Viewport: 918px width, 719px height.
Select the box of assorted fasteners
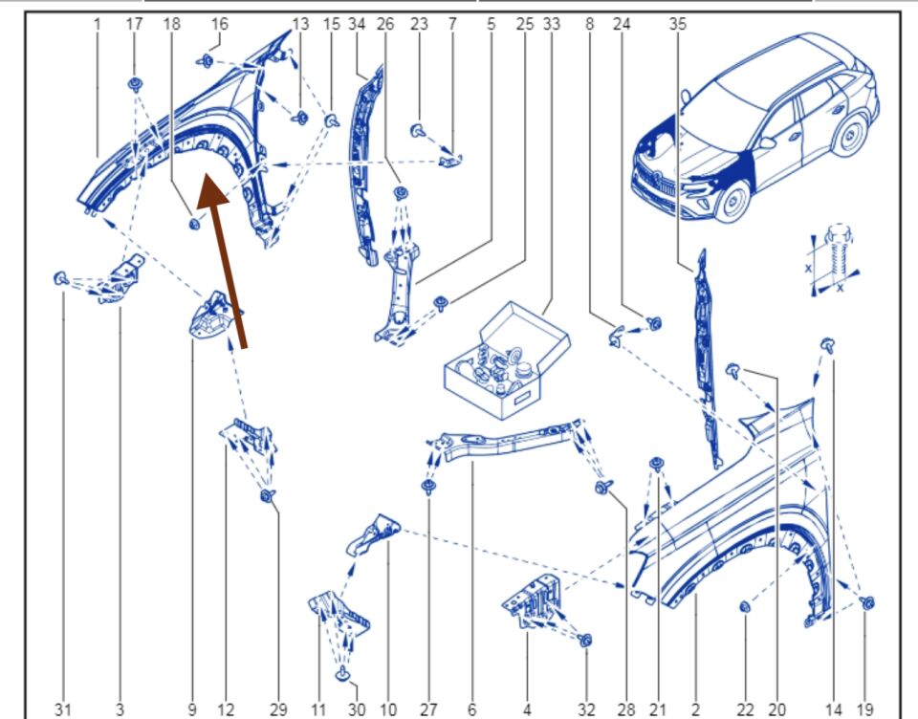pos(506,359)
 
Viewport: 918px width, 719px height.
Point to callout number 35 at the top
pos(678,24)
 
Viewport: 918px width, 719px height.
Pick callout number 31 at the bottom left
pos(62,708)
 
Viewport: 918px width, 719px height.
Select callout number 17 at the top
pos(134,24)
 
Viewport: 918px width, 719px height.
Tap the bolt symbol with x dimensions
pos(834,258)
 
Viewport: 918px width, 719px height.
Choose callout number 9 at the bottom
pos(192,708)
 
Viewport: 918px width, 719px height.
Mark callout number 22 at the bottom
pos(745,708)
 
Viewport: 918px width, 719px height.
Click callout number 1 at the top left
pos(98,24)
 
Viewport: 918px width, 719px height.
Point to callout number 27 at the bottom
pos(427,708)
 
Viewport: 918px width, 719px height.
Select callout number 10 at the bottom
pos(388,708)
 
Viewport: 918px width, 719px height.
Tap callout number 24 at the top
pos(622,24)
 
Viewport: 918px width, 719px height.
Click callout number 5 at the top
pos(491,24)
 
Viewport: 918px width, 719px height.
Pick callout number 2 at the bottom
pos(695,708)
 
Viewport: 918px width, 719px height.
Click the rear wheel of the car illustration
pos(848,133)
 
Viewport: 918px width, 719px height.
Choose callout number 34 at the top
pos(357,24)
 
